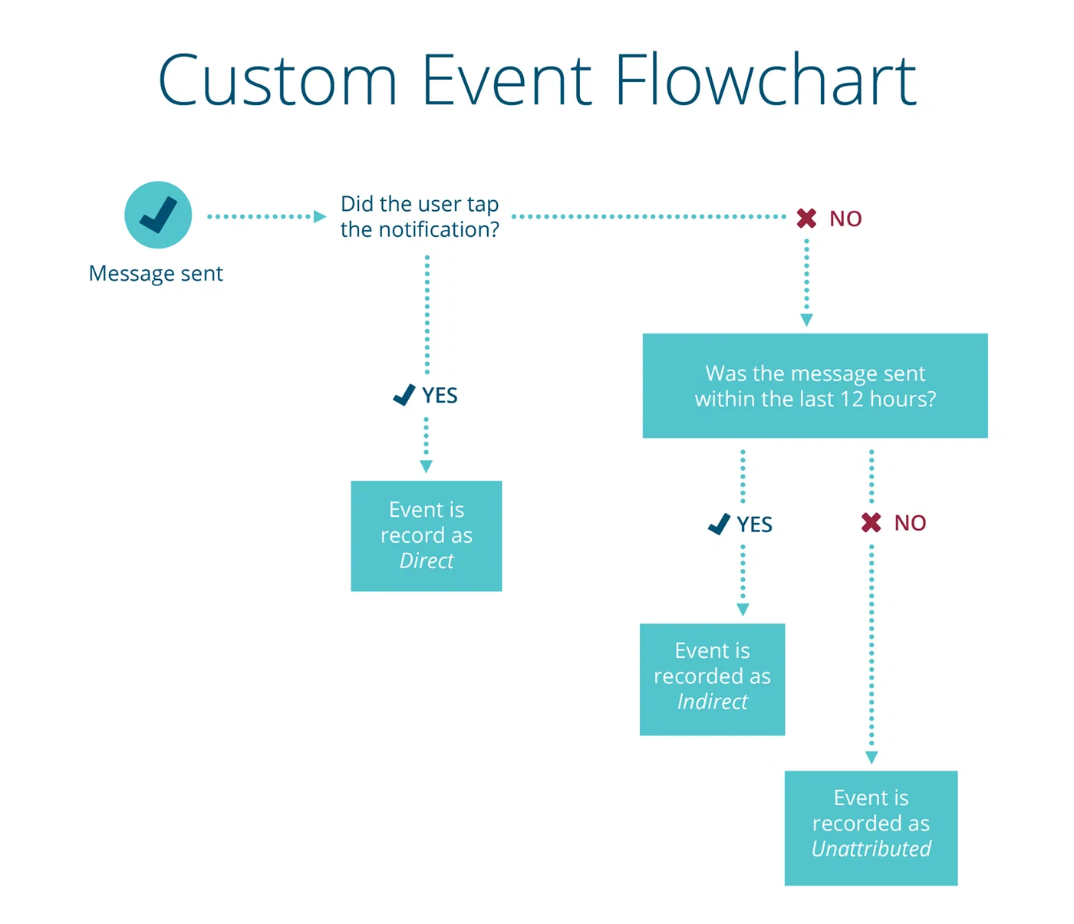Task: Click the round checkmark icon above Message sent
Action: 158,215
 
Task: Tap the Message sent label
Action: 156,274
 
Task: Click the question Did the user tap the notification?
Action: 420,217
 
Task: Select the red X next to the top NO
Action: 806,219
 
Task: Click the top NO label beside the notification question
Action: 845,219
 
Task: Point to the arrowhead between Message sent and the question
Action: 320,217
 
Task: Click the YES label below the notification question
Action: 440,396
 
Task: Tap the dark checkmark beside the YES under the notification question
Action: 404,395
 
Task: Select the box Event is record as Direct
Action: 427,535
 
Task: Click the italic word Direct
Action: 427,561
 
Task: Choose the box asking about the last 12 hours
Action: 815,386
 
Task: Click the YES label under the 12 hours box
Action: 754,524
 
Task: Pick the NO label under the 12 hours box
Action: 910,523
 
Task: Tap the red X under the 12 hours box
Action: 871,523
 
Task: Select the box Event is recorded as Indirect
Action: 712,679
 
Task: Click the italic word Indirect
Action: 712,702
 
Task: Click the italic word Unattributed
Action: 871,849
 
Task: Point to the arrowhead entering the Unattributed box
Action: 871,758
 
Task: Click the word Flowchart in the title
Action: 765,80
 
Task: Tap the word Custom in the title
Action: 278,80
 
